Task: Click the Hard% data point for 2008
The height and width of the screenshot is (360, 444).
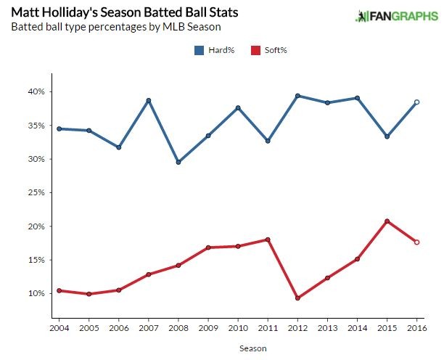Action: point(178,162)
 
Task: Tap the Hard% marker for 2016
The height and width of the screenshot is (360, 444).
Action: point(416,102)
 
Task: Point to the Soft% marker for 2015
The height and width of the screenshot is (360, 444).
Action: point(387,221)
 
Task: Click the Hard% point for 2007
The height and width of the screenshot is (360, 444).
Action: point(148,101)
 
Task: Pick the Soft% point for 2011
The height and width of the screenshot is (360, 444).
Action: point(268,240)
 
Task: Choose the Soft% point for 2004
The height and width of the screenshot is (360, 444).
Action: point(59,290)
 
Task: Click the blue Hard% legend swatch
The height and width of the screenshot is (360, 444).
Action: point(199,50)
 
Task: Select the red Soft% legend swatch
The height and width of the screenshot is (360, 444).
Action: point(255,50)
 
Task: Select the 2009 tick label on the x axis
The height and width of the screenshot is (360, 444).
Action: point(208,327)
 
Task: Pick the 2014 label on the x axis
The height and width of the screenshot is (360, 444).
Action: point(357,327)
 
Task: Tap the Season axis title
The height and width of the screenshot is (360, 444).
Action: point(253,348)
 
